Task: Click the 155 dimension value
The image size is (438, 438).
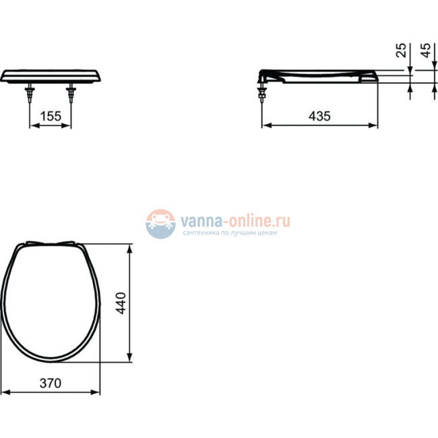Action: click(51, 116)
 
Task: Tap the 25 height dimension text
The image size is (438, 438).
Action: click(402, 51)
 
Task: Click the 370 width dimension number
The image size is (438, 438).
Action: click(50, 383)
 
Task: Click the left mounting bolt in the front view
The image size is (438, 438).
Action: click(30, 94)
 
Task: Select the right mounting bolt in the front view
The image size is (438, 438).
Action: click(71, 94)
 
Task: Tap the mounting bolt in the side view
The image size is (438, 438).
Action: click(261, 92)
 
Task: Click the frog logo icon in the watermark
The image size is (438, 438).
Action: click(160, 223)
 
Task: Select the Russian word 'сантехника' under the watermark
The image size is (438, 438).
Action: click(202, 233)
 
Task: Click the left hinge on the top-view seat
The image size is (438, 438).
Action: click(30, 245)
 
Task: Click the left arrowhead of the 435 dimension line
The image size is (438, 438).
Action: click(265, 125)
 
